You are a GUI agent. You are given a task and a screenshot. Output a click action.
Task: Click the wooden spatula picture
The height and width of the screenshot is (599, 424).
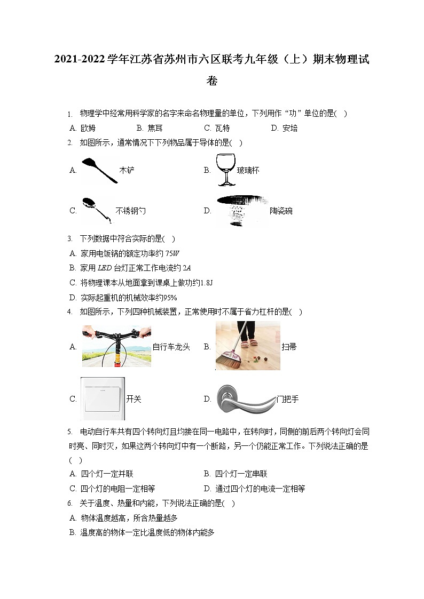pos(99,170)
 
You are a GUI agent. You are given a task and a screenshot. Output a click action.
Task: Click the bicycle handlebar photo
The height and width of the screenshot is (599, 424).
pos(116,347)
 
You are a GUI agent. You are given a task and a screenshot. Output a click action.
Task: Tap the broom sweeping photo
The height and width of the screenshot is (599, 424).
pos(248,346)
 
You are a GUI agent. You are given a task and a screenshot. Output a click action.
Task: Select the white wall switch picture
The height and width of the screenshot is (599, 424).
pos(102,398)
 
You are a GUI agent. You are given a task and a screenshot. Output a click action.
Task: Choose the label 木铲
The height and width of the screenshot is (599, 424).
pos(127,171)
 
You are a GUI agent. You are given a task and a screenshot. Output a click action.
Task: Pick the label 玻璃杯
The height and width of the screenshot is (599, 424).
pos(248,171)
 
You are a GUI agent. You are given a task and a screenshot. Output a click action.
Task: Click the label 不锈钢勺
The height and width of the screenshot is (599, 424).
pos(130,211)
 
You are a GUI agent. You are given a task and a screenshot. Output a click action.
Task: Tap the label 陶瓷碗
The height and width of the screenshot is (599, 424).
pos(281,211)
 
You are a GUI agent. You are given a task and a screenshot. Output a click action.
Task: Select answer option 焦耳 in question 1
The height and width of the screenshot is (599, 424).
pos(155,128)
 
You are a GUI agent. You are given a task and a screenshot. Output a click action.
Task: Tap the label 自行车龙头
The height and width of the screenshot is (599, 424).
pos(171,347)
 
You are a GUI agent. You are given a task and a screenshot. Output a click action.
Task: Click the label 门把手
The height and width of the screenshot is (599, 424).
pos(287,399)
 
